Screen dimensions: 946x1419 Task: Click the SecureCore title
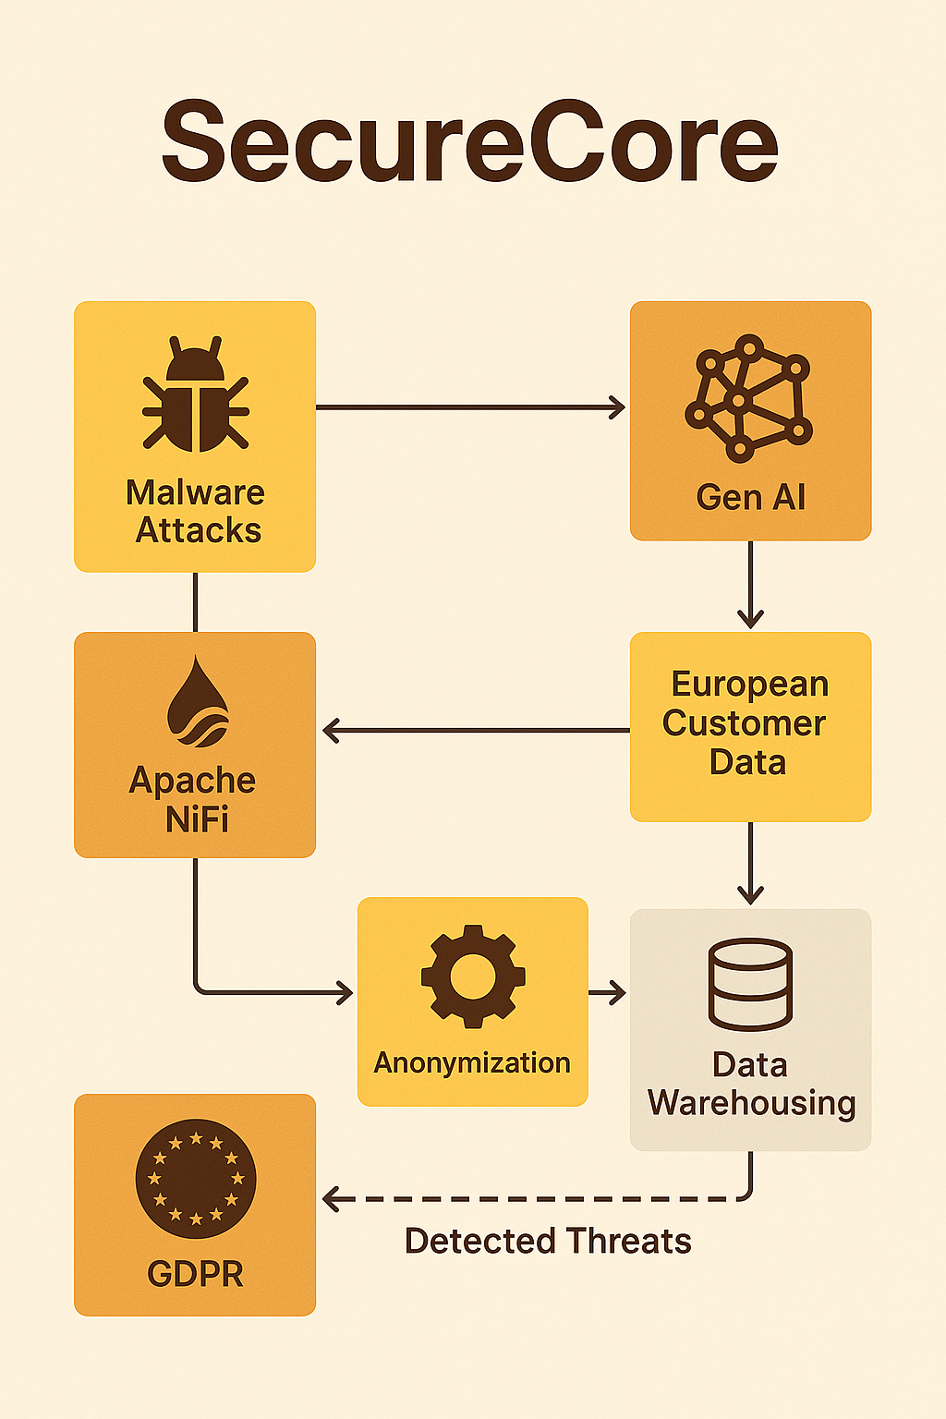[469, 141]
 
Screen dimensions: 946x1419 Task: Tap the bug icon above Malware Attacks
[195, 394]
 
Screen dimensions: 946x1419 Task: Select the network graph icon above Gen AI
[749, 398]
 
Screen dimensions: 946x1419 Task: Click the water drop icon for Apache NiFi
[198, 701]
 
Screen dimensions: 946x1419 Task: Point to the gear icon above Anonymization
[473, 976]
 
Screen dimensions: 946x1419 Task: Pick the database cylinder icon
[750, 985]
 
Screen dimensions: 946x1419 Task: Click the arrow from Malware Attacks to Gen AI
[470, 407]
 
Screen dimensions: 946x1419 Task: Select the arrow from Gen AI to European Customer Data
[750, 584]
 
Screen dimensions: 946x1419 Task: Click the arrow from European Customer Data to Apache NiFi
[476, 731]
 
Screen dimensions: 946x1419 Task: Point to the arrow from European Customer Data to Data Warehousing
[750, 863]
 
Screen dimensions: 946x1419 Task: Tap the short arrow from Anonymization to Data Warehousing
[607, 993]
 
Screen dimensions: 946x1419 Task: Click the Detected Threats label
[548, 1241]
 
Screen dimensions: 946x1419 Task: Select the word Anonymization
[472, 1062]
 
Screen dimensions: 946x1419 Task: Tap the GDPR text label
[195, 1274]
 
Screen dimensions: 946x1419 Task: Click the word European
[750, 685]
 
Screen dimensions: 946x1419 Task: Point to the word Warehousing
[751, 1104]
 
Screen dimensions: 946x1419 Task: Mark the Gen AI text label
[751, 497]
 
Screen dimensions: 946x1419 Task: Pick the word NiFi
[197, 819]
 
